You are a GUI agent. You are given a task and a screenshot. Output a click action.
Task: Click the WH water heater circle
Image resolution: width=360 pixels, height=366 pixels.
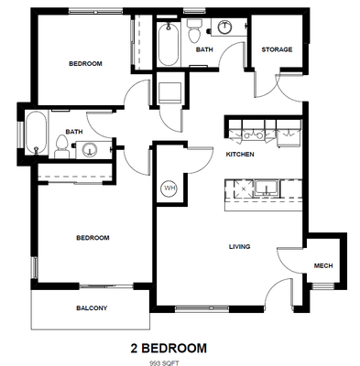[x=169, y=188]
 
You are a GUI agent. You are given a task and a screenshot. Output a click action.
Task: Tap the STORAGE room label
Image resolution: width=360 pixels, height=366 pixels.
[x=277, y=49]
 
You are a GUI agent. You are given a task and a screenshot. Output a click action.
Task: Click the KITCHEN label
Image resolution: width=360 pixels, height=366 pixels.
[x=240, y=155]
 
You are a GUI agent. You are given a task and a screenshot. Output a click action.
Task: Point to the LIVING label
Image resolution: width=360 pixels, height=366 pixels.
[x=239, y=247]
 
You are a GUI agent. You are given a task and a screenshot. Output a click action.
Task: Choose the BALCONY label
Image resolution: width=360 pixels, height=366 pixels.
[x=92, y=308]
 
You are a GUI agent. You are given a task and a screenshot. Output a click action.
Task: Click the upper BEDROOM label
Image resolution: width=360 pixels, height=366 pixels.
[x=85, y=63]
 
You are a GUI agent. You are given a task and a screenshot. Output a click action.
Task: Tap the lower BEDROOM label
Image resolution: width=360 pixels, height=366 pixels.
[x=93, y=238]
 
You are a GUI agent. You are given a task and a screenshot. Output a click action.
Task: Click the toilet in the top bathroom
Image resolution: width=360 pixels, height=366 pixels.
[x=195, y=33]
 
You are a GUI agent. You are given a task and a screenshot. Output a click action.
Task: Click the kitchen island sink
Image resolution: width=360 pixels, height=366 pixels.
[x=268, y=189]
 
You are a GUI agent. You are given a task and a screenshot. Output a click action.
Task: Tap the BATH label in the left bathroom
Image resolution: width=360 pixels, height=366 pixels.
[x=73, y=131]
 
